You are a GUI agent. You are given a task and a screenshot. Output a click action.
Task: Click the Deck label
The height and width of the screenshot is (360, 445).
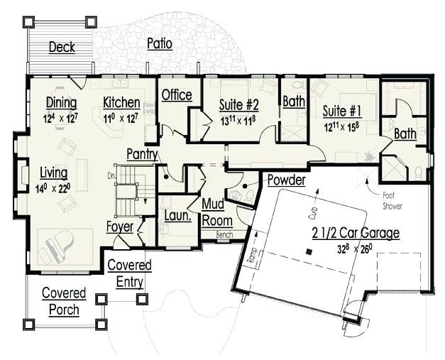coord(62,48)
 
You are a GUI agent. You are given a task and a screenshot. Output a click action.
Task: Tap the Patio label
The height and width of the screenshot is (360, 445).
coord(159,44)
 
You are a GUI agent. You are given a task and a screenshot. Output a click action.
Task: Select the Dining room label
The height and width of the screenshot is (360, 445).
coord(62,102)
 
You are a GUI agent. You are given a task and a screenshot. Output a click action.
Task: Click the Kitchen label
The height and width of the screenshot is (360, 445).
coord(121,102)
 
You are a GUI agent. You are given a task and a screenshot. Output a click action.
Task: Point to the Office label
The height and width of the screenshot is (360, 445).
coord(177,95)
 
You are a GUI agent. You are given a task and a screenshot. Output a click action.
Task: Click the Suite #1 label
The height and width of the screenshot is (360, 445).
coord(342,111)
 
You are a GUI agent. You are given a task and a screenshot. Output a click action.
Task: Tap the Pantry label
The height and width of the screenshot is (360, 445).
coord(142,154)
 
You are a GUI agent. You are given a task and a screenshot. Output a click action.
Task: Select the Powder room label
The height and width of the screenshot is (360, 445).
coord(286,180)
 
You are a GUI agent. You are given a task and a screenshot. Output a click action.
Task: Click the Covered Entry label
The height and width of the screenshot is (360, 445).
coord(128,273)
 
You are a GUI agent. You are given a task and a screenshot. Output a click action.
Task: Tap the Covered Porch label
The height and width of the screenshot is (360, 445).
coord(63,301)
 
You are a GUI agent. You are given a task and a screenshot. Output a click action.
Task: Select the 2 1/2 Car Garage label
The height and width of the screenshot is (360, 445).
coord(355,233)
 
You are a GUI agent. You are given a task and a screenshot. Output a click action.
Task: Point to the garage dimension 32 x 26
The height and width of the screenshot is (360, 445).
coord(355,249)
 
